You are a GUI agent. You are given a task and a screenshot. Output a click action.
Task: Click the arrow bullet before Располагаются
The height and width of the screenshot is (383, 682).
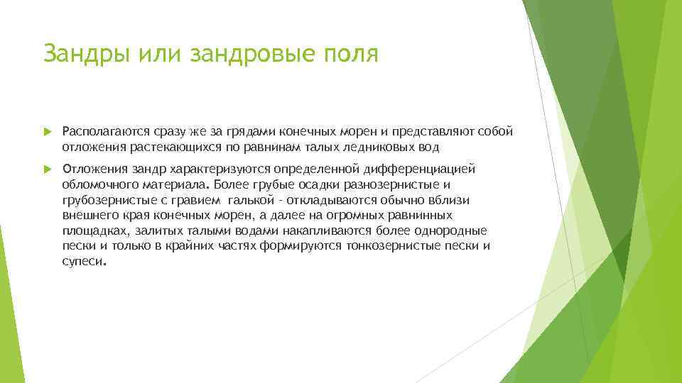48,132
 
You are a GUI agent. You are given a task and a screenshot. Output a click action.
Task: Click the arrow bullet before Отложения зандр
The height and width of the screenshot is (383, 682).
48,170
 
